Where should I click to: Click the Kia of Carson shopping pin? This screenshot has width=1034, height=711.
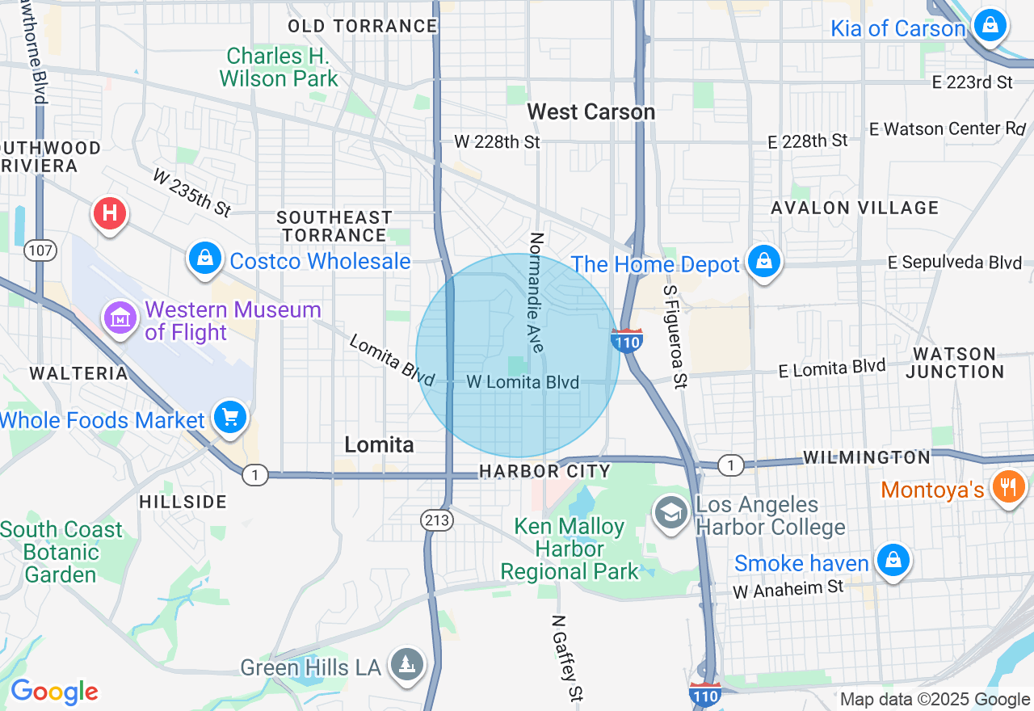click(x=990, y=26)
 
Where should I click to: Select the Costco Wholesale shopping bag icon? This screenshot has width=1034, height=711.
click(x=205, y=259)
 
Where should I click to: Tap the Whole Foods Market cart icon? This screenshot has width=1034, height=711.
click(x=231, y=418)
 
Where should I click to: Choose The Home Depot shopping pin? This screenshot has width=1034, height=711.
click(x=763, y=262)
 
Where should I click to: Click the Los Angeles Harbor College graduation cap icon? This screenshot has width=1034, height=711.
click(x=670, y=513)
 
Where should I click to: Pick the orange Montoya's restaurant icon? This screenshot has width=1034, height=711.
click(x=1007, y=487)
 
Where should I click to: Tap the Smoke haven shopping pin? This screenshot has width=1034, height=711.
click(x=893, y=560)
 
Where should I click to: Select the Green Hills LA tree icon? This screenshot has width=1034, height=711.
click(x=406, y=665)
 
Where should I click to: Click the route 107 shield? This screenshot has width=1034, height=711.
click(x=40, y=250)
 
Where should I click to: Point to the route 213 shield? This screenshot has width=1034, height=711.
click(x=436, y=521)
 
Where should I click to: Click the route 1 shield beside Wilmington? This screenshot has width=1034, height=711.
click(x=730, y=465)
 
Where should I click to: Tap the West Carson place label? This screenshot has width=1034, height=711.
click(x=591, y=111)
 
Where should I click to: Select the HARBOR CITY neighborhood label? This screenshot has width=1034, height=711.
click(x=544, y=470)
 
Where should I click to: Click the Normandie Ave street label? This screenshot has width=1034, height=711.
click(x=536, y=292)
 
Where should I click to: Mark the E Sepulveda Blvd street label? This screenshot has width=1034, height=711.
click(x=955, y=263)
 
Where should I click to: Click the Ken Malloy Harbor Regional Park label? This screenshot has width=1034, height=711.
click(x=570, y=549)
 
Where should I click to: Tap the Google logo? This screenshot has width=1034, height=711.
click(x=54, y=692)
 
